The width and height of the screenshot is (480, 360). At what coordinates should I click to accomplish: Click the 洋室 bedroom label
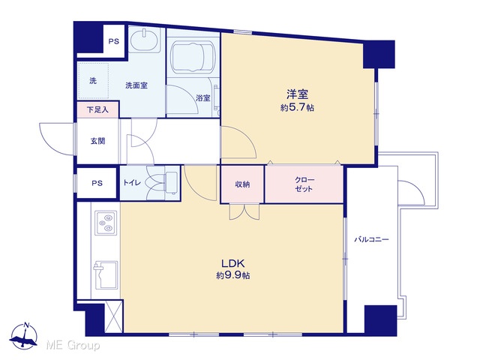(297, 94)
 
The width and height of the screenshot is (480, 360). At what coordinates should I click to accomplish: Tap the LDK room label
(232, 263)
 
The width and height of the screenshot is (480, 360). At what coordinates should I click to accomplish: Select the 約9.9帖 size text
(233, 275)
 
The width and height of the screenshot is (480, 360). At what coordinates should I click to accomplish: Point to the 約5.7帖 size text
(297, 108)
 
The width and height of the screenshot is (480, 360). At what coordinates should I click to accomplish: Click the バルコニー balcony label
(371, 239)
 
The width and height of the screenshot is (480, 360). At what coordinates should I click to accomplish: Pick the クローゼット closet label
(304, 184)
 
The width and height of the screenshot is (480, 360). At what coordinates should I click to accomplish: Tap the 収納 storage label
(242, 184)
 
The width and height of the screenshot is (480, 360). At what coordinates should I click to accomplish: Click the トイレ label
(132, 183)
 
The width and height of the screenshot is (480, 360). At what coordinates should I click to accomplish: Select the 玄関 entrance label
(97, 141)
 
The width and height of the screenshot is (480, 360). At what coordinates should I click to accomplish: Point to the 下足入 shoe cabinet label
(97, 109)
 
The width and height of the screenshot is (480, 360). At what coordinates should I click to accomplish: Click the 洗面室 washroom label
(136, 85)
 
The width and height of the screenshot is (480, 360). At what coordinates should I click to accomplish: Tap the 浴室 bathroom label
(203, 98)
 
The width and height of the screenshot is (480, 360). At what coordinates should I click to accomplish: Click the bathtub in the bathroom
(193, 57)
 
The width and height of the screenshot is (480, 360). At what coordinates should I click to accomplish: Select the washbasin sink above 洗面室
(145, 40)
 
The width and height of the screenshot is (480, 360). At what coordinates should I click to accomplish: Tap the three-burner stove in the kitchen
(106, 223)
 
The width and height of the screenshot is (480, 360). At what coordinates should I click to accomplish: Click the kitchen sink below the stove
(106, 274)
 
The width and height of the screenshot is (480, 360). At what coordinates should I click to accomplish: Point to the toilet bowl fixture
(163, 183)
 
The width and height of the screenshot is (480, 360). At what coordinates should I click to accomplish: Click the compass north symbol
(23, 336)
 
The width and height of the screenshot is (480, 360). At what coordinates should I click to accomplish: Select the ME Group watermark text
(73, 346)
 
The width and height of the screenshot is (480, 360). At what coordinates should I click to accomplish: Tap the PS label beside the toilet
(97, 183)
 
